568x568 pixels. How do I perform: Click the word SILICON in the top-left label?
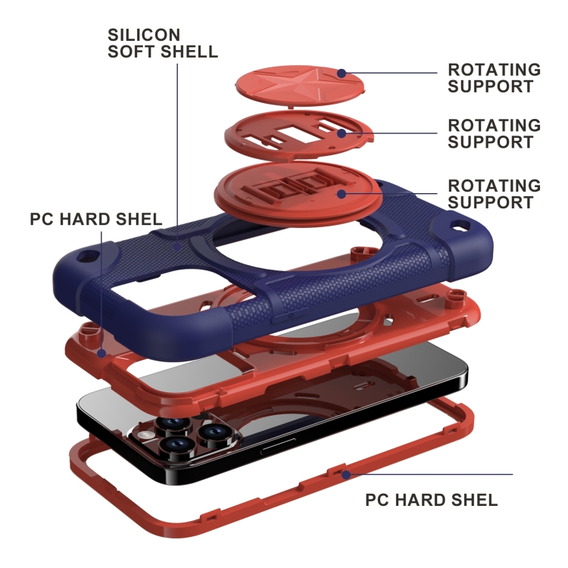[145, 35]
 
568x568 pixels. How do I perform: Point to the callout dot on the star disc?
[342, 73]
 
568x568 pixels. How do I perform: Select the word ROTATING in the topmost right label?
[494, 70]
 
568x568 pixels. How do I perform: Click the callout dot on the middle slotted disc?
[342, 133]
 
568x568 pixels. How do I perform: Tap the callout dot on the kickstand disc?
[342, 194]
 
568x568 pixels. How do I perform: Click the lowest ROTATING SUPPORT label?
[495, 194]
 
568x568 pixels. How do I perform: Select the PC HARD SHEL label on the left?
[96, 220]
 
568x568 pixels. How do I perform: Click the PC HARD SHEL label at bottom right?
[432, 500]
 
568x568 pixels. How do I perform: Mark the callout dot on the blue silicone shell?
[176, 245]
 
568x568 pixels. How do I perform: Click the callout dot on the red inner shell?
[101, 352]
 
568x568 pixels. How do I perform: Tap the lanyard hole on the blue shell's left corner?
[93, 254]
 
